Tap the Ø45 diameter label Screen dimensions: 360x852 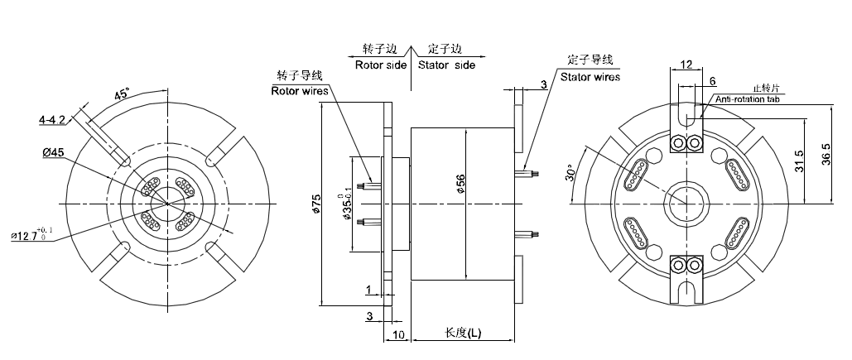click(52, 151)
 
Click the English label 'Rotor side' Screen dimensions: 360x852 click(380, 65)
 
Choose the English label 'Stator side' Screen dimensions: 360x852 click(446, 65)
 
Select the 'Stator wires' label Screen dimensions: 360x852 click(590, 76)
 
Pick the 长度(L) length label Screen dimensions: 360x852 click(464, 333)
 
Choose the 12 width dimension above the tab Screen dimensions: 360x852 click(686, 65)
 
